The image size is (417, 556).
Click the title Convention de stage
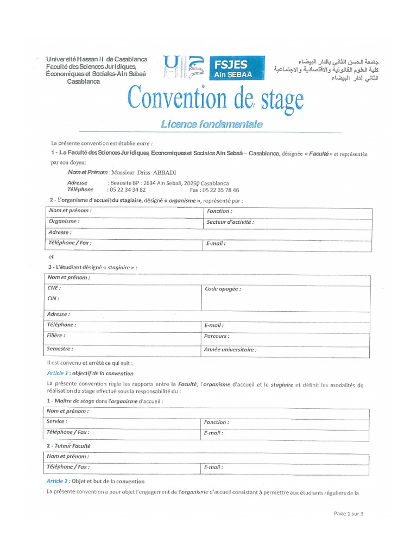(215, 100)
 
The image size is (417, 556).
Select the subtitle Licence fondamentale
(211, 124)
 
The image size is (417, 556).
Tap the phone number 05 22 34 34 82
(128, 190)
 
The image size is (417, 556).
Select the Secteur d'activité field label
(230, 222)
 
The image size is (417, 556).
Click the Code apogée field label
(223, 289)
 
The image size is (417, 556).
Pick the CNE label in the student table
(54, 288)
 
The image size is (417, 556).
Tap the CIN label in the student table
(53, 298)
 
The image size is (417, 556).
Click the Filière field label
(56, 336)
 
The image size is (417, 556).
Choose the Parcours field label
(217, 337)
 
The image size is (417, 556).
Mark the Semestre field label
(60, 349)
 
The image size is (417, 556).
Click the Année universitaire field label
(230, 350)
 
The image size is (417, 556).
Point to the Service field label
(57, 421)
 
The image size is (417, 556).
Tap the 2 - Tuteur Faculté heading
(68, 446)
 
